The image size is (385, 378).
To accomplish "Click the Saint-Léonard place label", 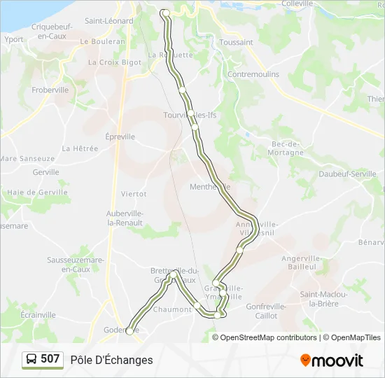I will [109, 21].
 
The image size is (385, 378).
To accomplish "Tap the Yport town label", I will [14, 39].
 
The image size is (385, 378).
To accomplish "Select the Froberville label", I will [50, 90].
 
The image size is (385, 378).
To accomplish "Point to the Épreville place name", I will [120, 136].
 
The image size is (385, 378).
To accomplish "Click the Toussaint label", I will [236, 42].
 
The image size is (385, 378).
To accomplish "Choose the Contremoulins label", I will [253, 74].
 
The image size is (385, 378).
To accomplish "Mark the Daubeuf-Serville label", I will [348, 174].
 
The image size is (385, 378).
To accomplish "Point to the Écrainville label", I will [38, 315].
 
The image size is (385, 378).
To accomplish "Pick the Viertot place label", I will [134, 193].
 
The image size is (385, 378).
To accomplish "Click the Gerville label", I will [45, 171].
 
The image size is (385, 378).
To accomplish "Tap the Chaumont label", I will [172, 309].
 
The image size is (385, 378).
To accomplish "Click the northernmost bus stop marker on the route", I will [166, 13].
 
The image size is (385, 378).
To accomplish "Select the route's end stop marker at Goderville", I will [129, 331].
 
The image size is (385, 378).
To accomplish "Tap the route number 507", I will [50, 360].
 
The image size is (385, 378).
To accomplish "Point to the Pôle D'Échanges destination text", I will [111, 360].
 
